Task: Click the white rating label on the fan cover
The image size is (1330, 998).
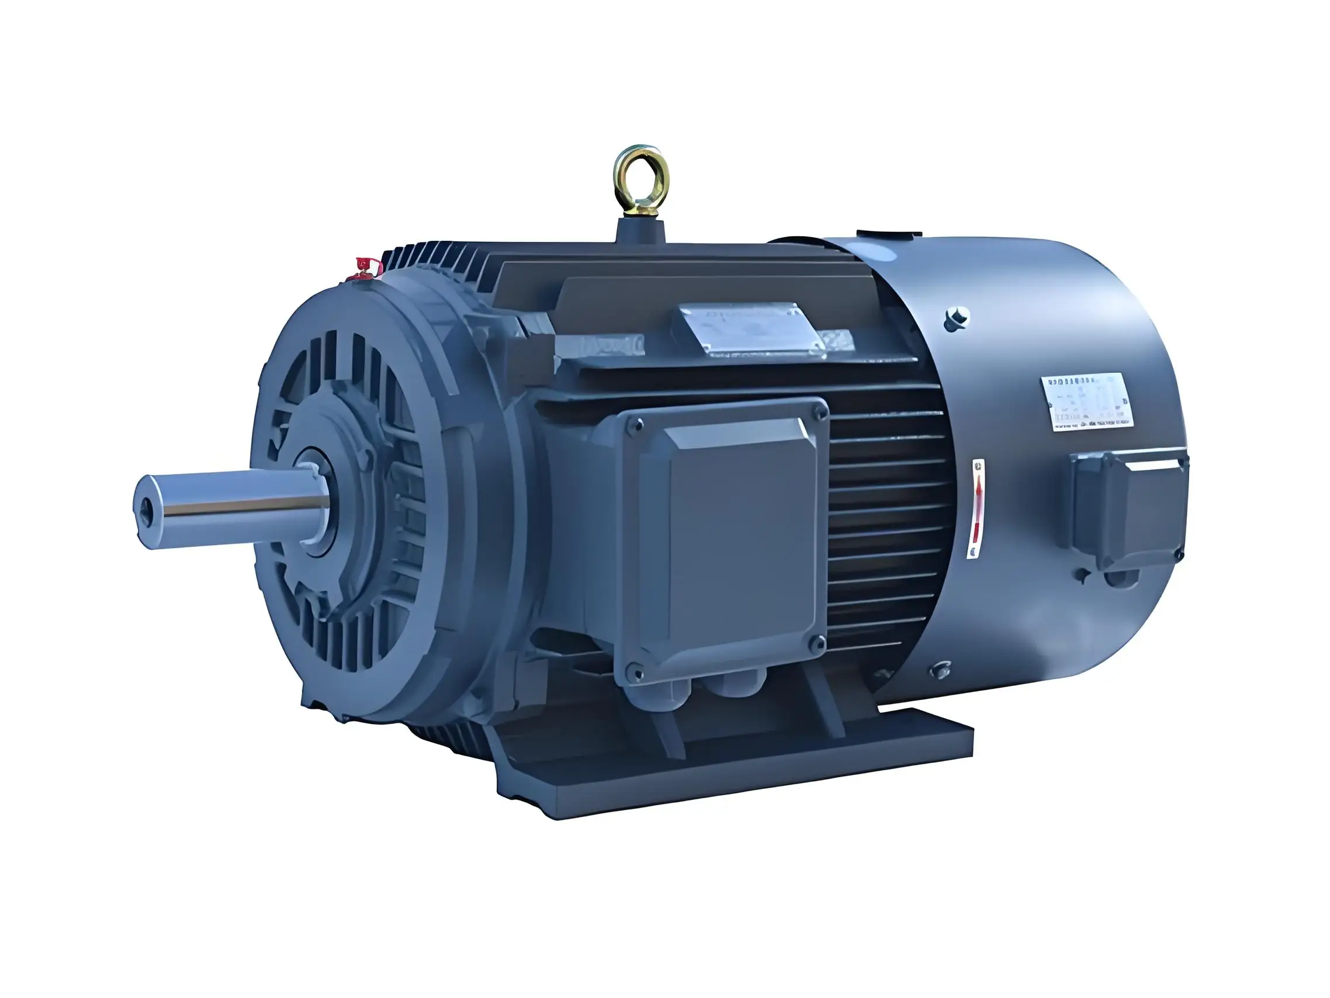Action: (x=1087, y=401)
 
